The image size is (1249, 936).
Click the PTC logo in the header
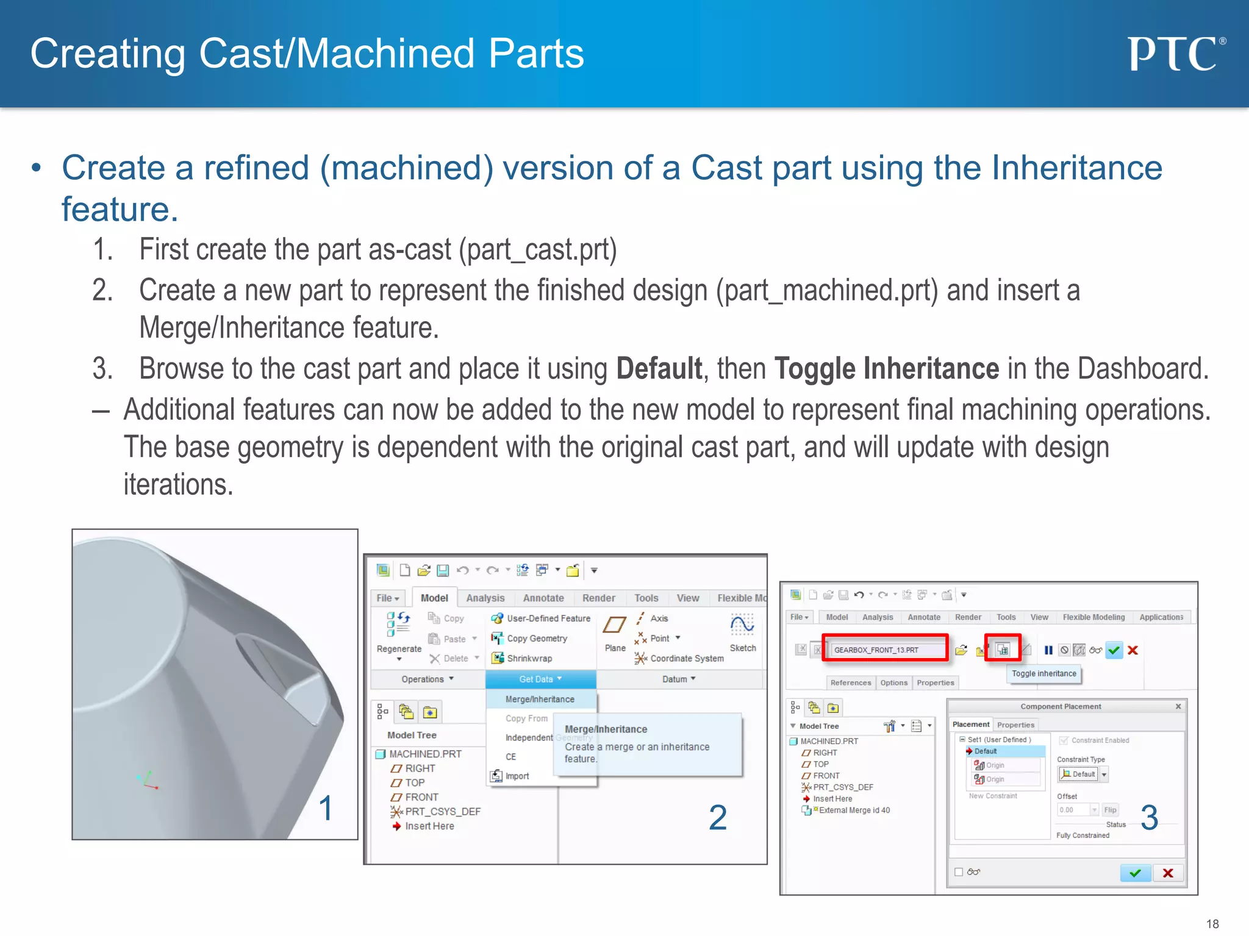pyautogui.click(x=1175, y=54)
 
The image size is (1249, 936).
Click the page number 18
pyautogui.click(x=1212, y=924)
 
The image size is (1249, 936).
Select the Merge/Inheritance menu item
pyautogui.click(x=540, y=699)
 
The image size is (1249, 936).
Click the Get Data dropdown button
pyautogui.click(x=540, y=679)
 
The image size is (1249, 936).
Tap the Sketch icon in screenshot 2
pyautogui.click(x=742, y=626)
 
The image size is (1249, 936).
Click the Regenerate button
pyautogui.click(x=399, y=634)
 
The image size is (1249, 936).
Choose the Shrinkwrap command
pyautogui.click(x=529, y=658)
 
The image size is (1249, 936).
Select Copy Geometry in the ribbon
pyautogui.click(x=537, y=638)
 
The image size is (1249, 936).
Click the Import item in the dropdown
pyautogui.click(x=517, y=776)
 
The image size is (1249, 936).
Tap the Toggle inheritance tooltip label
pyautogui.click(x=1043, y=673)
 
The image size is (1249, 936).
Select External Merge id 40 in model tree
pyautogui.click(x=854, y=810)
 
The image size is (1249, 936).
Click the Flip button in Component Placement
pyautogui.click(x=1110, y=810)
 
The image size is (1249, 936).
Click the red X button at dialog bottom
pyautogui.click(x=1168, y=873)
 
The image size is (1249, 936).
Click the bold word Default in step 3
pyautogui.click(x=659, y=369)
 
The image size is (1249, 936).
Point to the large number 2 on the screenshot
pyautogui.click(x=718, y=817)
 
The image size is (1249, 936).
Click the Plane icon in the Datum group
pyautogui.click(x=614, y=626)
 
